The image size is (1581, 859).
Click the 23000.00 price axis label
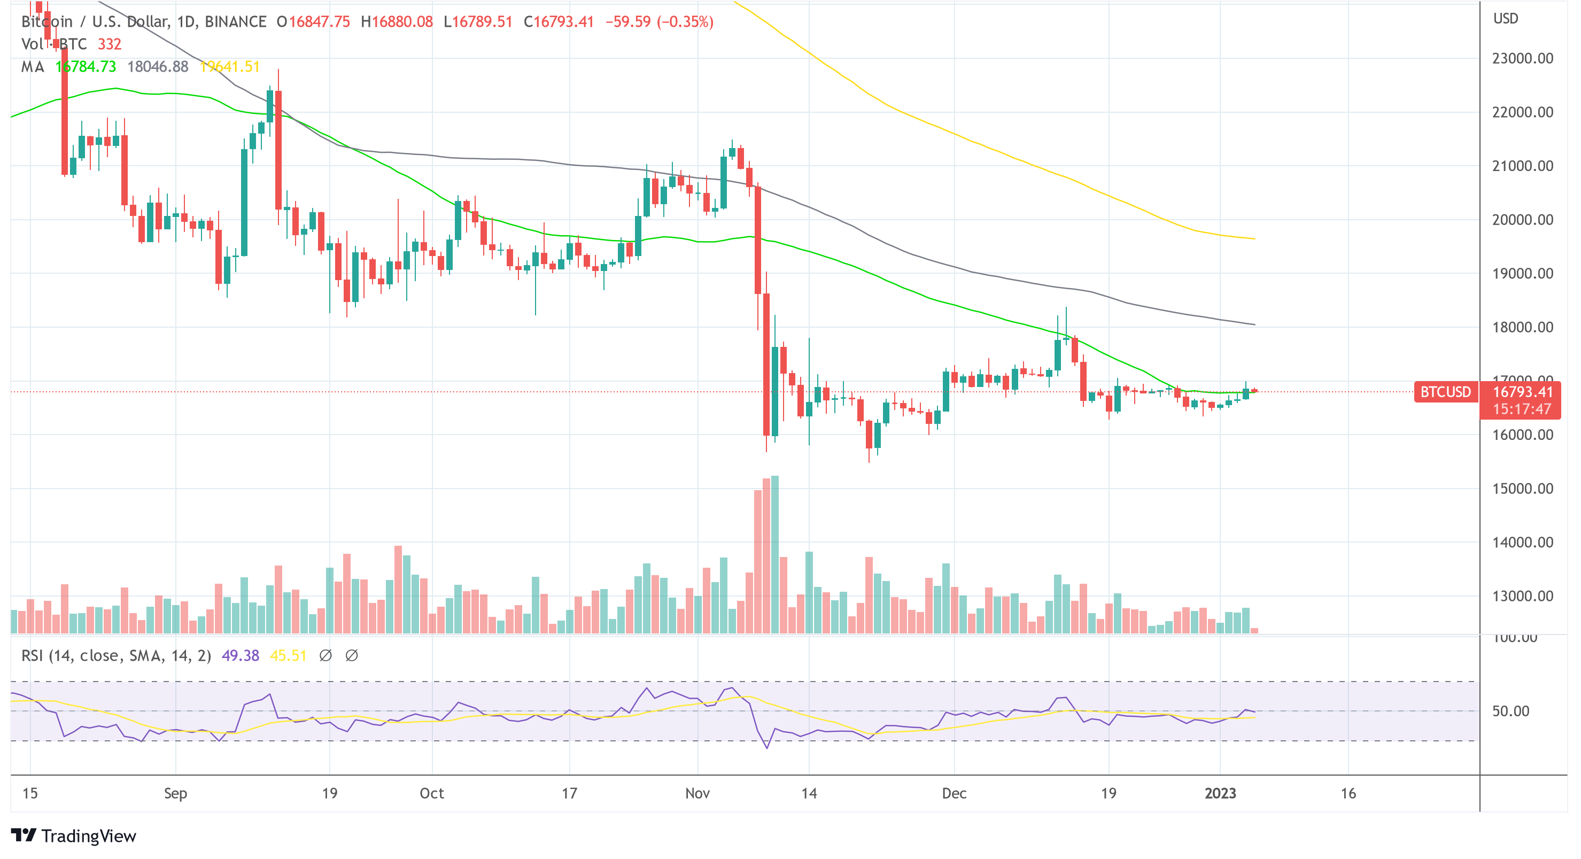pos(1522,58)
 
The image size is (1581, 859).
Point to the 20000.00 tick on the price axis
pos(1522,220)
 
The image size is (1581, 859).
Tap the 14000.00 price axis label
pos(1522,542)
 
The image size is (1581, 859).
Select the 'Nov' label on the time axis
pos(697,793)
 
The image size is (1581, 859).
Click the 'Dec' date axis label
pos(954,793)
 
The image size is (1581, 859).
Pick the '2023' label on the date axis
pos(1220,793)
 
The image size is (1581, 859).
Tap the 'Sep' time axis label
pos(175,793)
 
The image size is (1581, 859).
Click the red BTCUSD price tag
pos(1445,392)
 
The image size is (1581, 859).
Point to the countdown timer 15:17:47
pos(1522,409)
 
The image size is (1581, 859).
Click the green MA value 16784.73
pos(86,66)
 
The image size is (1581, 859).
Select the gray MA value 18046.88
pos(158,66)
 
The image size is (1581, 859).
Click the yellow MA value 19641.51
pos(230,66)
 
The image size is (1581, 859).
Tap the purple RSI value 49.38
pos(240,656)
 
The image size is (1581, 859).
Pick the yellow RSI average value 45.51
pos(288,656)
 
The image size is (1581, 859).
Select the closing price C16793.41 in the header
pos(559,22)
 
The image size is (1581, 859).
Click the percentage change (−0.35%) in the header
pos(685,22)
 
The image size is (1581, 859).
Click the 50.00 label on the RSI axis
pos(1510,711)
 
